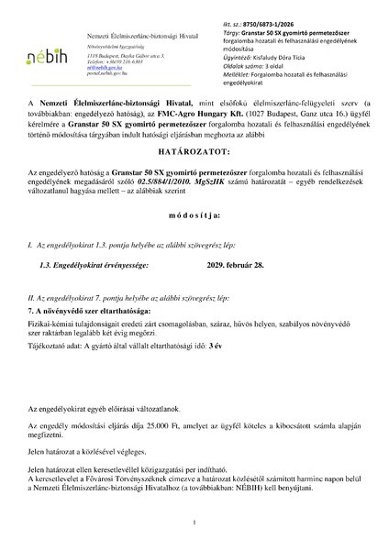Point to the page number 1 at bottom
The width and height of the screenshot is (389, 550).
[x=194, y=522]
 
